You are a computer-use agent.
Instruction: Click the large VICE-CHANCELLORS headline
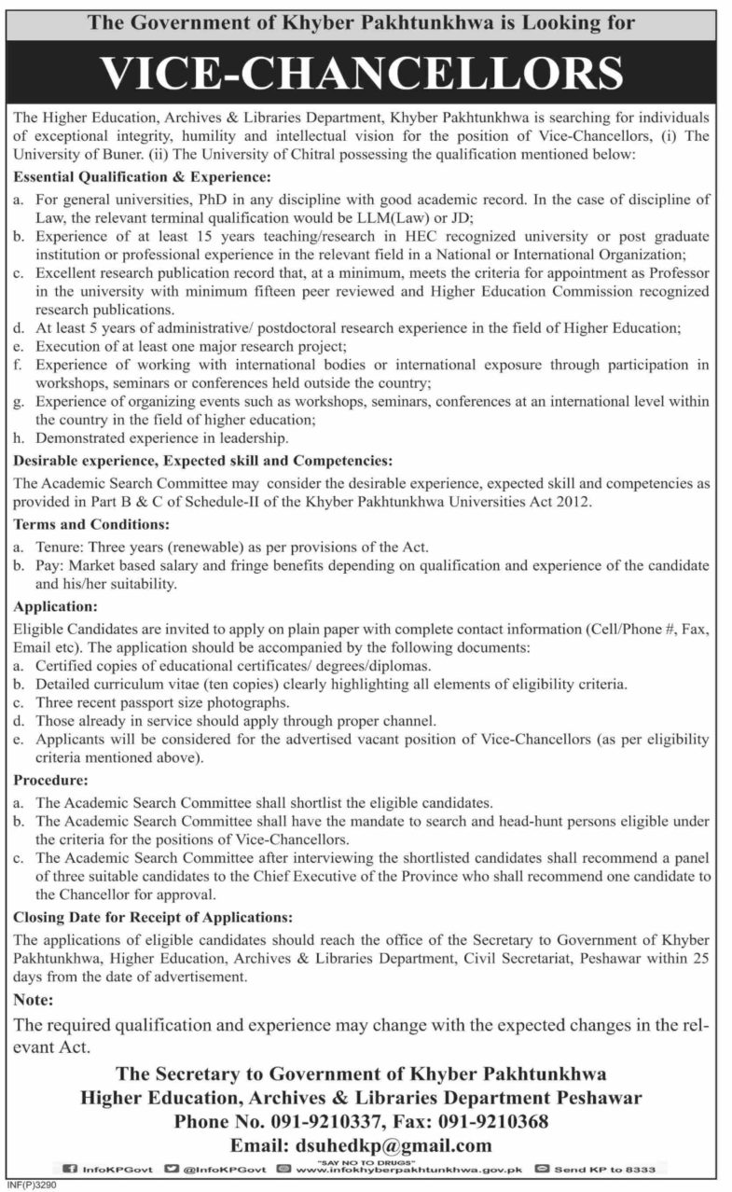pyautogui.click(x=365, y=73)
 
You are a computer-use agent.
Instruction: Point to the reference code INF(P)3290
pyautogui.click(x=30, y=1186)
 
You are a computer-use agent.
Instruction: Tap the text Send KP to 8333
pyautogui.click(x=604, y=1168)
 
